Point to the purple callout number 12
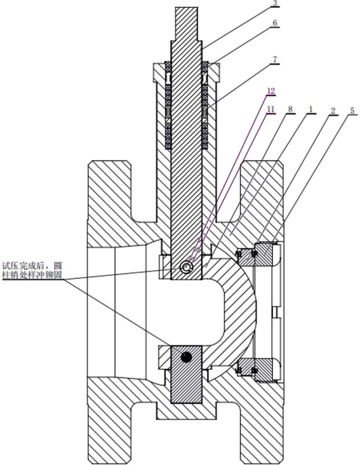[270, 91]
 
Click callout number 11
[270, 109]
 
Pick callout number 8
[290, 109]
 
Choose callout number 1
[311, 109]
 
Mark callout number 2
[333, 111]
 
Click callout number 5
[352, 111]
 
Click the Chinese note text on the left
[32, 270]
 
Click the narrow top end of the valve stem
[186, 24]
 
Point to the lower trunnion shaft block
[186, 375]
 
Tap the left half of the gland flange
[160, 72]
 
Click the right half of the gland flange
[213, 72]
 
